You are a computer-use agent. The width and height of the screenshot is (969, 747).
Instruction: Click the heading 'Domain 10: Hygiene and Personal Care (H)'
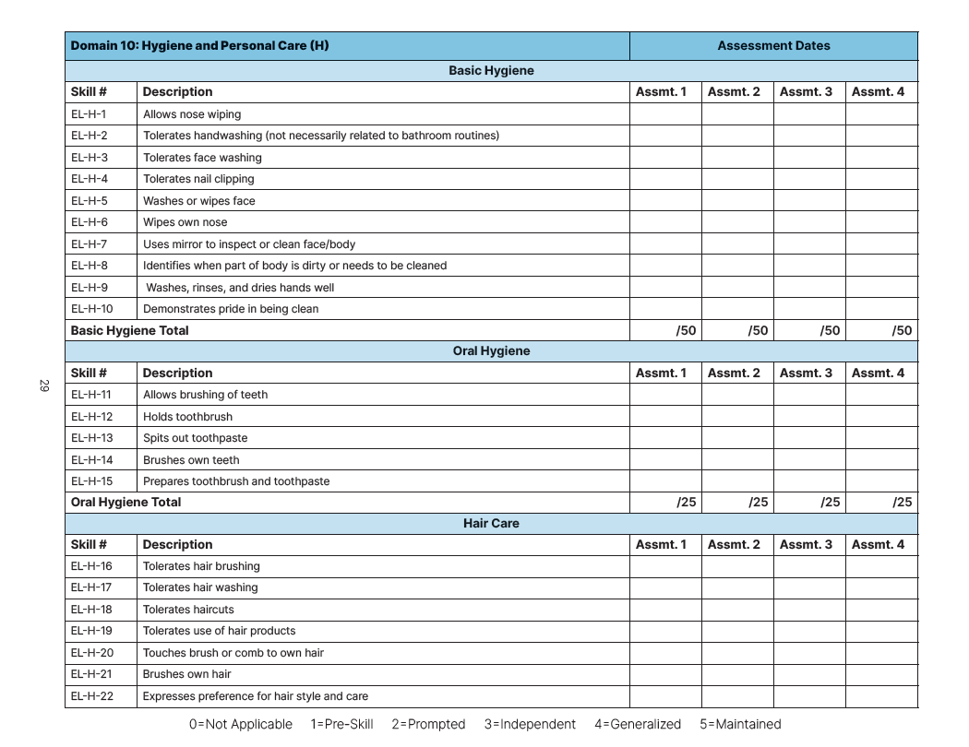coord(199,45)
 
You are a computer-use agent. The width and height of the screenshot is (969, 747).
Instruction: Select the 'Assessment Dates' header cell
coord(773,45)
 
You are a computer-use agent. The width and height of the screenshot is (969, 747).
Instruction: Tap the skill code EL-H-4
coord(90,179)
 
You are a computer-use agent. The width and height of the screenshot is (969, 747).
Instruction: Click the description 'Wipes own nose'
coord(185,222)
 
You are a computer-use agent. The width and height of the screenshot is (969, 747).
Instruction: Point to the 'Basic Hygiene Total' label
coord(129,330)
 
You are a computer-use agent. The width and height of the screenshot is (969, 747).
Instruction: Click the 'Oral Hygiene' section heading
coord(491,351)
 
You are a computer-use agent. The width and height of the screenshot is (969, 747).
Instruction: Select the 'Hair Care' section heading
coord(491,523)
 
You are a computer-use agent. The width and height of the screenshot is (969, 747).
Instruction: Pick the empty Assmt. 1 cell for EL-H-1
coord(665,114)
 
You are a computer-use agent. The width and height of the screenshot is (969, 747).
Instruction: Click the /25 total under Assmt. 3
coord(830,502)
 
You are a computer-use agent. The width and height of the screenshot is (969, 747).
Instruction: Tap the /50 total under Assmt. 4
coord(902,330)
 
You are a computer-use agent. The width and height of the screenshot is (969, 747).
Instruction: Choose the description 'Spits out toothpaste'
coord(195,438)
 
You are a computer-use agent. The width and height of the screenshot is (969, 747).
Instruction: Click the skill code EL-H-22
coord(92,696)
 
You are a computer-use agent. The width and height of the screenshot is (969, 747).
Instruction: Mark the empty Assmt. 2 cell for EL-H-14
coord(737,459)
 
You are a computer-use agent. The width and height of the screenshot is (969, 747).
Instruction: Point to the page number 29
coord(43,385)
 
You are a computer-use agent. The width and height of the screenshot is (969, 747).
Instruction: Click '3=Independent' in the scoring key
coord(530,724)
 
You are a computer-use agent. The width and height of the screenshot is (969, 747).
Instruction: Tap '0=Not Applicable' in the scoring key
coord(241,724)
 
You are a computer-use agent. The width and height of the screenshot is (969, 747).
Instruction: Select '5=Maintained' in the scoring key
coord(740,724)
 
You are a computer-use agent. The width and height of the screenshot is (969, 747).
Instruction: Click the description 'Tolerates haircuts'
coord(188,610)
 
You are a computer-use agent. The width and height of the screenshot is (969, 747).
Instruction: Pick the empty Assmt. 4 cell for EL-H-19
coord(881,631)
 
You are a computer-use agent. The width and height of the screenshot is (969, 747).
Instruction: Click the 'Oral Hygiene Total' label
coord(126,502)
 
